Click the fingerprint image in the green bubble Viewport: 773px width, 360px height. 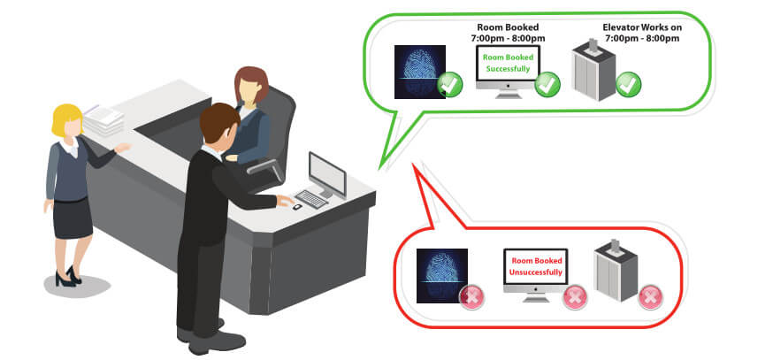coord(420,72)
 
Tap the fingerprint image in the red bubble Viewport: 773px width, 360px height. coord(441,275)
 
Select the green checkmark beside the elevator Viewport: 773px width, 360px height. coord(629,84)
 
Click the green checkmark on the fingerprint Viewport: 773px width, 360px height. coord(450,84)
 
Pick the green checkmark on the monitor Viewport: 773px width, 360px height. coord(547,84)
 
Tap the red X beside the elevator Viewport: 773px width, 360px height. coord(650,297)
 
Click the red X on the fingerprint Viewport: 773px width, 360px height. coord(471,297)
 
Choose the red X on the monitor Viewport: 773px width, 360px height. coord(575,297)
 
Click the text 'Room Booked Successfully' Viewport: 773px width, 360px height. coord(508,63)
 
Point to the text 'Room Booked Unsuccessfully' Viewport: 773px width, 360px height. coord(536,266)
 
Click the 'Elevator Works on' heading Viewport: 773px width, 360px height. coord(642,27)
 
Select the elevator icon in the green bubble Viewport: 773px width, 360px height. coord(593,70)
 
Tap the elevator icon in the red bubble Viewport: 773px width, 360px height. coord(616,271)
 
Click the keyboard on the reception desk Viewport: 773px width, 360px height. coord(311,199)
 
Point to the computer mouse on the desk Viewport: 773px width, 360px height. coord(297,207)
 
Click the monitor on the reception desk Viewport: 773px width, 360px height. coord(327,175)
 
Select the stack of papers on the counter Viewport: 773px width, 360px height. coord(103,119)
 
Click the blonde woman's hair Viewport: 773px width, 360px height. coord(66,119)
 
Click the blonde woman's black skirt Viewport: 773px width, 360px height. coord(73,218)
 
